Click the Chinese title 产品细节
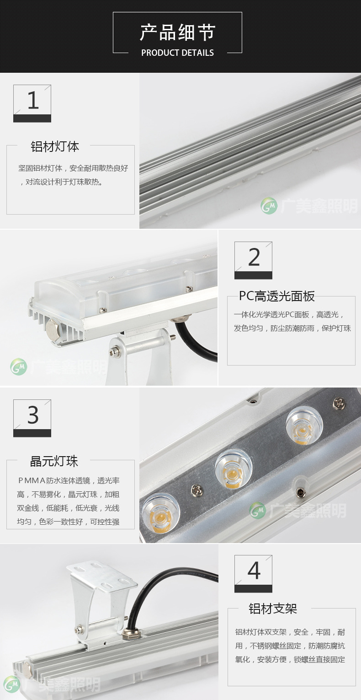177,32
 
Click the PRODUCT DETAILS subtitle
177,53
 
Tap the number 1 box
32,103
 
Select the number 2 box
253,260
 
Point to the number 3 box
32,418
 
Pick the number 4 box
253,574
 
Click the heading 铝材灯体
54,146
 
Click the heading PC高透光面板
277,296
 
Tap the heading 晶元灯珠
54,461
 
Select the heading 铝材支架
273,608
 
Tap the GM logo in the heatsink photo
269,206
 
